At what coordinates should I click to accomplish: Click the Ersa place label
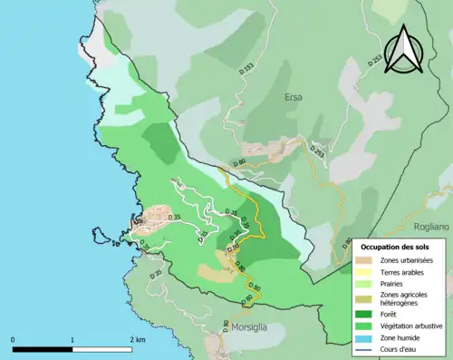pyautogui.click(x=293, y=97)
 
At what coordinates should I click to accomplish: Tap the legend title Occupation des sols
pyautogui.click(x=397, y=246)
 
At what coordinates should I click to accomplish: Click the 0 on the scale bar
pyautogui.click(x=13, y=339)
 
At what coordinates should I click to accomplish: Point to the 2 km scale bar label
pyautogui.click(x=137, y=339)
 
